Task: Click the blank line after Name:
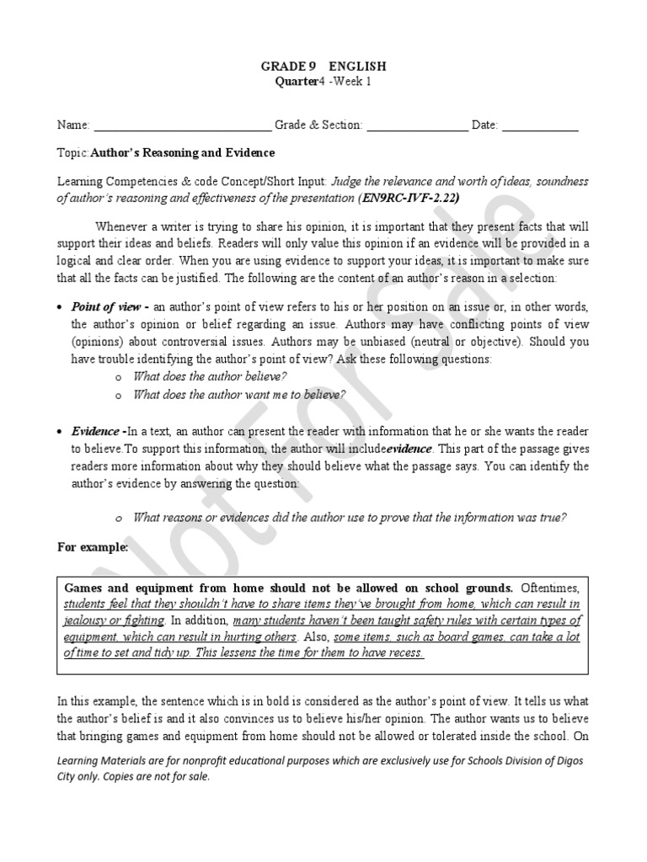tap(182, 126)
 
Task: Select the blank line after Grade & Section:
tap(417, 126)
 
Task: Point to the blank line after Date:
tap(540, 126)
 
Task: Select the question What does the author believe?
tap(211, 376)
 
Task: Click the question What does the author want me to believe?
tap(239, 394)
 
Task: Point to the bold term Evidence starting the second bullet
tap(95, 431)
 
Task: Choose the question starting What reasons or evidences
tap(350, 518)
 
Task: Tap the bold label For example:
tap(93, 547)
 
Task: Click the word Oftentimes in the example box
tap(550, 587)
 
